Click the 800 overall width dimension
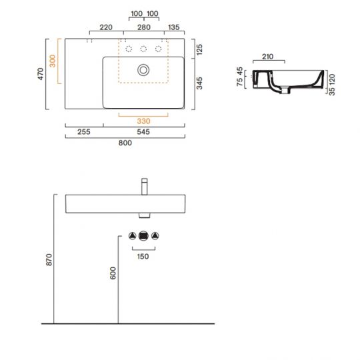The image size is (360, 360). [x=125, y=142]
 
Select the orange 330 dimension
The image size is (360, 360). [x=143, y=121]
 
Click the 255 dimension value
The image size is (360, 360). [x=84, y=132]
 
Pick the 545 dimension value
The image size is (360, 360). [x=143, y=132]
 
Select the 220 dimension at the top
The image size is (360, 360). [x=105, y=28]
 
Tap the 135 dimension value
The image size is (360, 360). [x=175, y=28]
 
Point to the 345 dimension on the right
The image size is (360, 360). [x=200, y=83]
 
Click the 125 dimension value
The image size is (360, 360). [x=200, y=49]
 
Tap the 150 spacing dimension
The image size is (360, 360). [x=143, y=255]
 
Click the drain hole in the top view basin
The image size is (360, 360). [x=143, y=69]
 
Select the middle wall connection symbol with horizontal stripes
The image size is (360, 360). [x=143, y=236]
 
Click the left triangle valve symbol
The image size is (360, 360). [x=132, y=236]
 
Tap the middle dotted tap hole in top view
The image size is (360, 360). [x=143, y=48]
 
